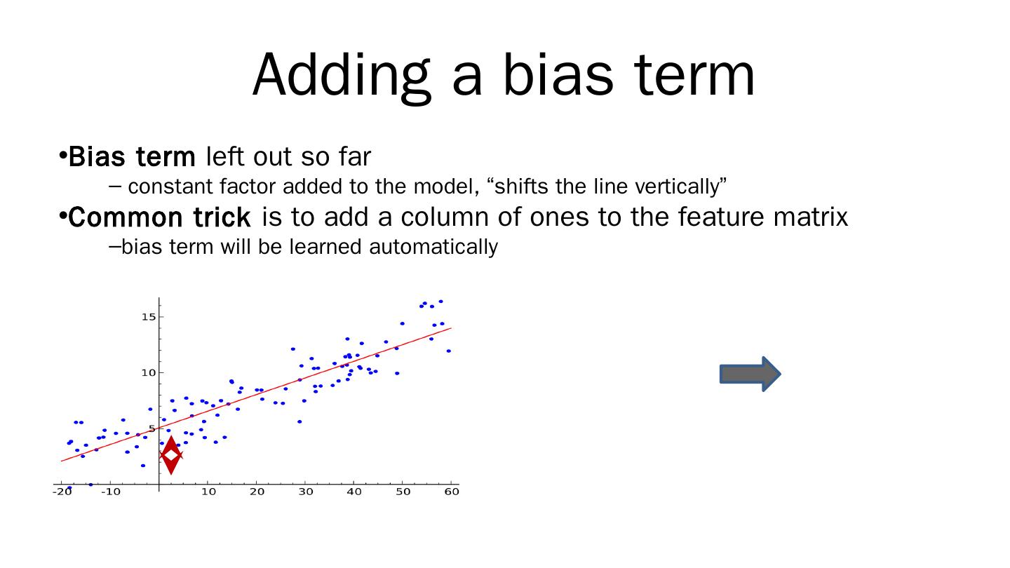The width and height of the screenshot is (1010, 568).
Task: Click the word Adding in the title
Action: [342, 76]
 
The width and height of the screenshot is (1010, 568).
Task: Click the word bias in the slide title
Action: [558, 74]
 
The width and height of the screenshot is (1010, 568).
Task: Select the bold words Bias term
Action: [132, 156]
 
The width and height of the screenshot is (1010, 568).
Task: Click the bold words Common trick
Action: [159, 217]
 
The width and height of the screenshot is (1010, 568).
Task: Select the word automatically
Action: [433, 247]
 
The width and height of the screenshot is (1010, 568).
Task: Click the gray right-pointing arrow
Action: [750, 374]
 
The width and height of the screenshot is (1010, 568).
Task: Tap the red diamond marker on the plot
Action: [171, 455]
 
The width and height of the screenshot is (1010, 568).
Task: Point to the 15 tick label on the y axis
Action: [149, 317]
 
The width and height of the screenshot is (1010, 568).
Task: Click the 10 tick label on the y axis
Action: [149, 373]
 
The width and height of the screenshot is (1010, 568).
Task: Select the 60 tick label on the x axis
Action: [452, 492]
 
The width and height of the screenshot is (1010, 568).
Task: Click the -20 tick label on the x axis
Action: [62, 492]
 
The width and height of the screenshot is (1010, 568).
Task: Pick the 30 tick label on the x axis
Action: [306, 492]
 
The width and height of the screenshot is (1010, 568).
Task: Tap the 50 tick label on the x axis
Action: [403, 492]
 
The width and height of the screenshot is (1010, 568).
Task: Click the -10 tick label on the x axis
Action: [111, 492]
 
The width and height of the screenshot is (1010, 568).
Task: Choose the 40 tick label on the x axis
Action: [354, 492]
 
